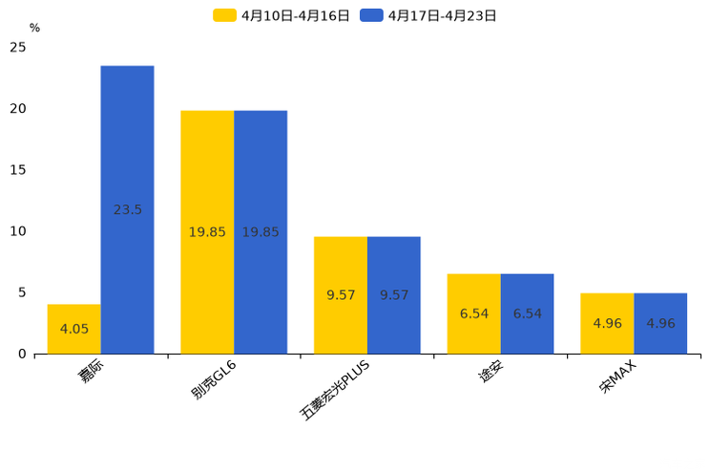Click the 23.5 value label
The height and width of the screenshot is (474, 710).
[127, 209]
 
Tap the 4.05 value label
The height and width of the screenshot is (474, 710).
[73, 329]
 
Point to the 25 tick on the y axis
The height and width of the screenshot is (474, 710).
[17, 48]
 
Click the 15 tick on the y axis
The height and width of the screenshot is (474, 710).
[17, 170]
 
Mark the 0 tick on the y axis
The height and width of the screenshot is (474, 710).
[22, 354]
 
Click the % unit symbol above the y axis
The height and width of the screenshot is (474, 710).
[34, 28]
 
